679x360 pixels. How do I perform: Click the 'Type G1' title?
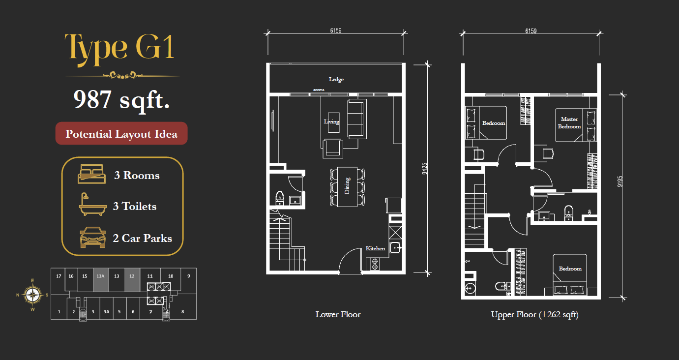click(120, 49)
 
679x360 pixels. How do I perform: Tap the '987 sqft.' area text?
click(121, 99)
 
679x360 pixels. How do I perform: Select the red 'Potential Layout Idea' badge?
click(121, 133)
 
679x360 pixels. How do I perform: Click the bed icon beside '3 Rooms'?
click(91, 174)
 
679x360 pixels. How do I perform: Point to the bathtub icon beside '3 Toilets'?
click(92, 204)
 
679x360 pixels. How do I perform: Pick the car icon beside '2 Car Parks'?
click(93, 238)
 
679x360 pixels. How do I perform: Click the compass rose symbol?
click(32, 295)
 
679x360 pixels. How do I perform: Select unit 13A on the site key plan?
click(101, 280)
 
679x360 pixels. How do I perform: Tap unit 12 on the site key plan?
click(132, 280)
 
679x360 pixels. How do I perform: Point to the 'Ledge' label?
click(336, 80)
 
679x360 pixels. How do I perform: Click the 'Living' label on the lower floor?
click(331, 121)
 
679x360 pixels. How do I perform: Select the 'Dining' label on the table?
click(347, 186)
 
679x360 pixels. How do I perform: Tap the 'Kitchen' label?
click(375, 248)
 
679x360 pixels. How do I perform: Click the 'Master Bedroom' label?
click(569, 123)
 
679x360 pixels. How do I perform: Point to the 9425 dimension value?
click(425, 169)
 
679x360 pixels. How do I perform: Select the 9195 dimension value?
click(620, 181)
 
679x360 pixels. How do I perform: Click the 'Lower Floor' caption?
click(338, 314)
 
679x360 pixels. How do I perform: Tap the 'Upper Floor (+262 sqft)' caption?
click(535, 315)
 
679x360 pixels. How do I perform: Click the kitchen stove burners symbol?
click(375, 264)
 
